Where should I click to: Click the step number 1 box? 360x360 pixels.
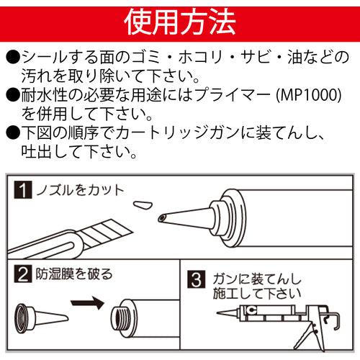point(24,191)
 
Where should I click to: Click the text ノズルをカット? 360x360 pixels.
point(80,191)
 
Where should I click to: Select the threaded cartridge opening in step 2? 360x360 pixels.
point(118,317)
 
